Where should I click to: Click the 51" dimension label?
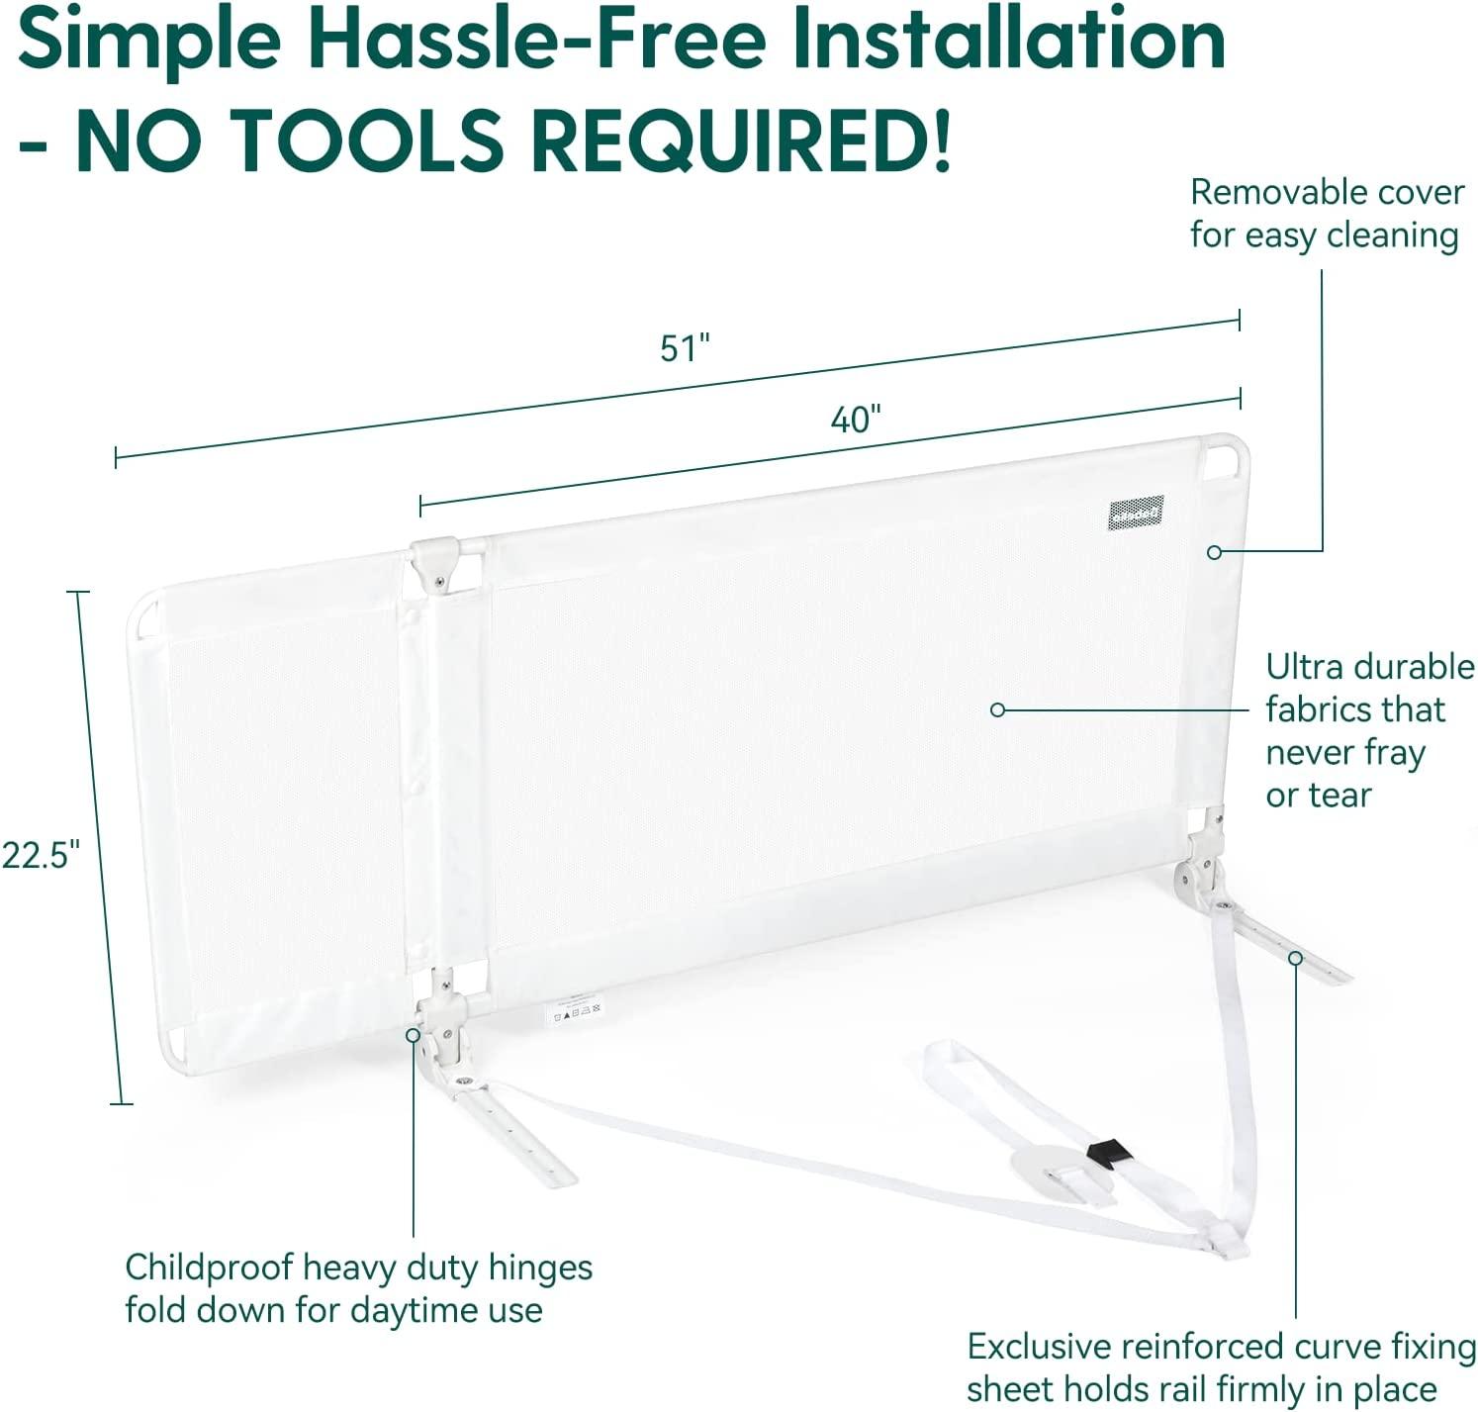coord(685,348)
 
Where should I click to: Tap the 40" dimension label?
coord(855,420)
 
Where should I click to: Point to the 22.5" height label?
coord(42,854)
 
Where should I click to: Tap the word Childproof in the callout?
coord(209,1267)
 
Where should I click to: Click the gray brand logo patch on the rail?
coord(1135,513)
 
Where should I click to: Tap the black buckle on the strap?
coord(1107,1153)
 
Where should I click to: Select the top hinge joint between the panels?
coord(436,561)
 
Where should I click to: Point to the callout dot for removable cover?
coord(1214,552)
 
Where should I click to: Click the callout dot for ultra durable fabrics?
coord(997,709)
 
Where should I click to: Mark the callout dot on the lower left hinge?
coord(413,1035)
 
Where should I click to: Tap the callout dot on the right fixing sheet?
coord(1294,958)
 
